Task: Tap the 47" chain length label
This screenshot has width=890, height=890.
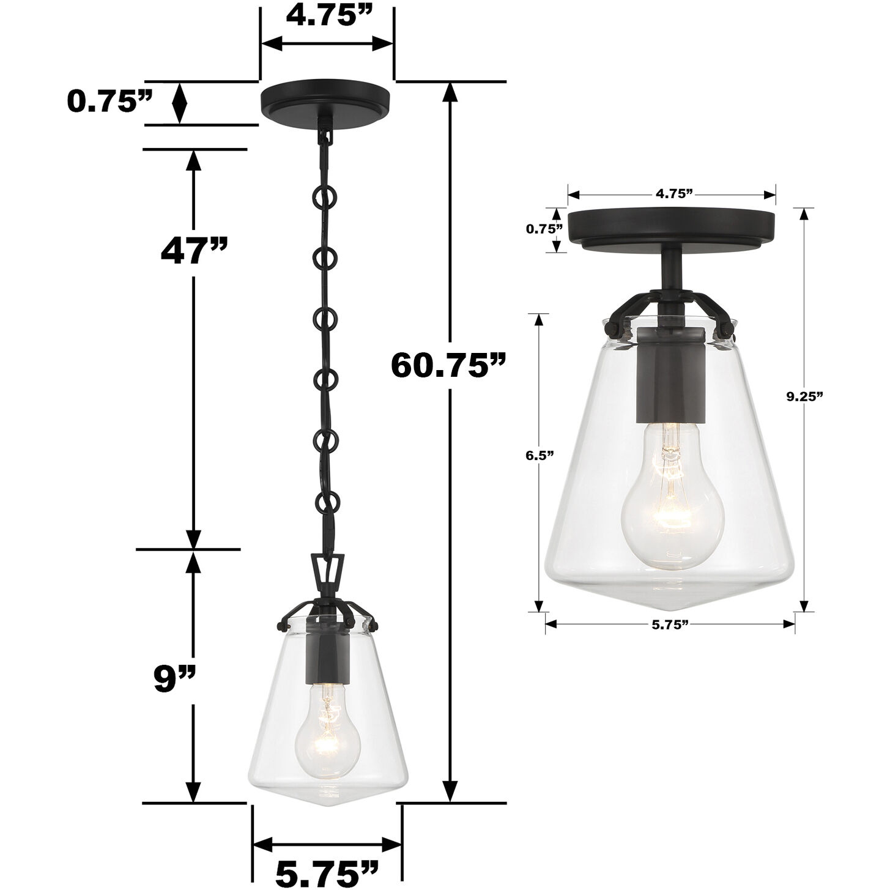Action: [x=194, y=250]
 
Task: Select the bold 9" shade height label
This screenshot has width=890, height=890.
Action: [x=174, y=677]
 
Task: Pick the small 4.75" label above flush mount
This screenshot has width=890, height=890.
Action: [x=673, y=194]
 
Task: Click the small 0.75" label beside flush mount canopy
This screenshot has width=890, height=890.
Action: [x=544, y=229]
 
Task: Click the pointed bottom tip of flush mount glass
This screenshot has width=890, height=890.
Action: [x=670, y=607]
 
